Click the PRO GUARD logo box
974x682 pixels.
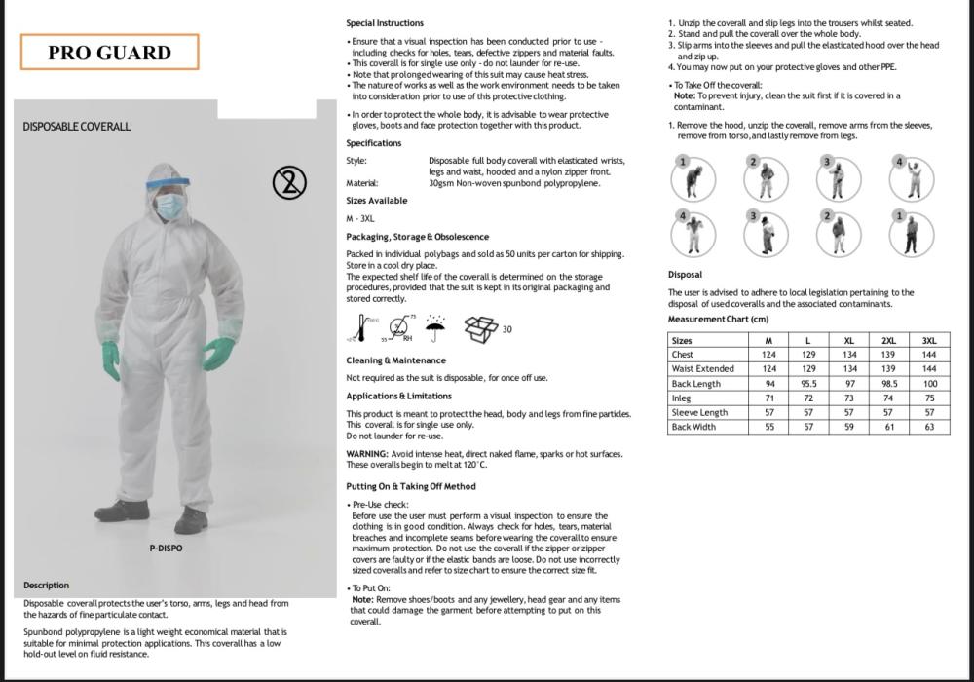coord(109,53)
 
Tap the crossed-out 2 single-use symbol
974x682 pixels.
coord(289,181)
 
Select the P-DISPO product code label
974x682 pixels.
coord(166,549)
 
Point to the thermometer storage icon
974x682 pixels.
coord(362,329)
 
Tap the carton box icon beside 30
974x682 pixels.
coord(480,329)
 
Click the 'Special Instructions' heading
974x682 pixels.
coord(385,23)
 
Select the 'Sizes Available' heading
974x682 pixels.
coord(377,201)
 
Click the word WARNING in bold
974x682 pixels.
coord(367,454)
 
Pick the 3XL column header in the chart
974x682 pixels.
coord(929,341)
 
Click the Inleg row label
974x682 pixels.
coord(681,398)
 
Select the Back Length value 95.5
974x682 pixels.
coord(808,384)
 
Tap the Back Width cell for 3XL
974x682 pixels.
coord(929,428)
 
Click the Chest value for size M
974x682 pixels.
coord(768,355)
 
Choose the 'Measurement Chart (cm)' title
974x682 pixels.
coord(718,320)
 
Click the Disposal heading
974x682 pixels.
coord(685,275)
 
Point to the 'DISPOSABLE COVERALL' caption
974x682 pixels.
coord(76,127)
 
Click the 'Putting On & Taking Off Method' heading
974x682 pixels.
coord(411,486)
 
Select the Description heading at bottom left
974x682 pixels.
coord(47,586)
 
